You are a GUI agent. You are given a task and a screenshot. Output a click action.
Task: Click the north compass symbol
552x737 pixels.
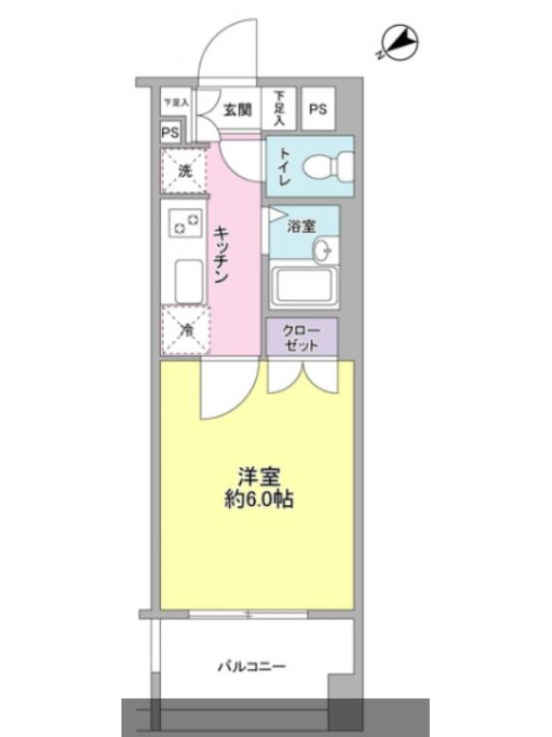398,43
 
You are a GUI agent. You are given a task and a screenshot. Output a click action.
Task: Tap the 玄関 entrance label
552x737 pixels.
237,110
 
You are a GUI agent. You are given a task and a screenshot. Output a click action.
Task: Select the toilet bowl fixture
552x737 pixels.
328,165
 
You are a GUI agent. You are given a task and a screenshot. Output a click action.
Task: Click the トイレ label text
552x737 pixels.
285,166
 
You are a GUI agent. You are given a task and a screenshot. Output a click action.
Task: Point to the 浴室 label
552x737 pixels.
302,227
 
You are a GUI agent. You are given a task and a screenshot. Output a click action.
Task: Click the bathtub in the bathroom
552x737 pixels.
304,287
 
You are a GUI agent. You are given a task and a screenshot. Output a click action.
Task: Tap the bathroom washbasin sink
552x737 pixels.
325,250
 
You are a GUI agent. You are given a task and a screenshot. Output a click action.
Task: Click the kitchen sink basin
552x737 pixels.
189,282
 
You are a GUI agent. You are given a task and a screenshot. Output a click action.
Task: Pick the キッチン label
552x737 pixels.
221,255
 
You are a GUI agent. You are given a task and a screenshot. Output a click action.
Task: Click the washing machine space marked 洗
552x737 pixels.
185,170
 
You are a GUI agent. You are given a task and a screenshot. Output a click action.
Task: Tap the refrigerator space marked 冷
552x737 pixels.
186,330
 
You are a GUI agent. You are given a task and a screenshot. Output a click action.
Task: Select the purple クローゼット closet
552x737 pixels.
302,337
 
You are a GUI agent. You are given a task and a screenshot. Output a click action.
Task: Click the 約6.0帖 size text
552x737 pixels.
259,499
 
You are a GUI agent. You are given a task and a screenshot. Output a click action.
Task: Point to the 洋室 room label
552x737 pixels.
259,477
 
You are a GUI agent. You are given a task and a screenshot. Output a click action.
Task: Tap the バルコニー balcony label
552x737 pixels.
251,666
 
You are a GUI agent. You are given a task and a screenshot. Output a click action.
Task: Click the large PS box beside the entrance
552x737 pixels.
317,109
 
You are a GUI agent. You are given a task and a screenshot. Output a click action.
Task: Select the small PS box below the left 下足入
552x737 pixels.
170,133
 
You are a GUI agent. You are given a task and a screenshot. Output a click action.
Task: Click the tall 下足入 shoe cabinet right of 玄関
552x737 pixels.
279,109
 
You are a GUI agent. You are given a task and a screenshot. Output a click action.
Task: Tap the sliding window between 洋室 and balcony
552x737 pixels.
248,614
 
